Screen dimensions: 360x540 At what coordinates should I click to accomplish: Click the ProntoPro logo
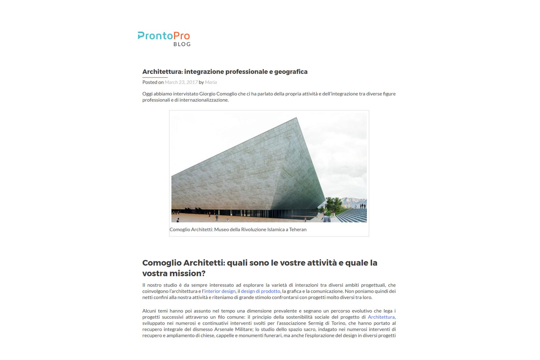point(164,36)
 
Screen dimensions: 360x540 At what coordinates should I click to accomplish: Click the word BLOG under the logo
point(182,44)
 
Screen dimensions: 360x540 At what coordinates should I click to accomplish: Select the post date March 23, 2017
point(181,82)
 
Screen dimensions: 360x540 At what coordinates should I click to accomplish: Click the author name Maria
point(211,82)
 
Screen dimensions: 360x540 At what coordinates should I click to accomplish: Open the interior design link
point(220,291)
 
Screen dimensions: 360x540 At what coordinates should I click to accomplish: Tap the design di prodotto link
point(260,291)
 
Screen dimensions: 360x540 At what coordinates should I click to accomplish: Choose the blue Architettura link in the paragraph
point(381,317)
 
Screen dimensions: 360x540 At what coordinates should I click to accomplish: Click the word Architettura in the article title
point(162,72)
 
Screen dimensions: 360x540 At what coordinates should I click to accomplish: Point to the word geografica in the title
point(291,72)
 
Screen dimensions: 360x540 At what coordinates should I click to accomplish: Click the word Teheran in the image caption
point(298,229)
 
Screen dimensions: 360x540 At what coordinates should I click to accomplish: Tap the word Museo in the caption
point(221,229)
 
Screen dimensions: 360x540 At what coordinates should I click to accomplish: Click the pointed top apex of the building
point(296,118)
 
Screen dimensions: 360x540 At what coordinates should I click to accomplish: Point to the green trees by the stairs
point(334,203)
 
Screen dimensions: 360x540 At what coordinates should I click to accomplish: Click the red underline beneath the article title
point(155,77)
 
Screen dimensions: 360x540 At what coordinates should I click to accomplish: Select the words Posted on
point(153,82)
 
